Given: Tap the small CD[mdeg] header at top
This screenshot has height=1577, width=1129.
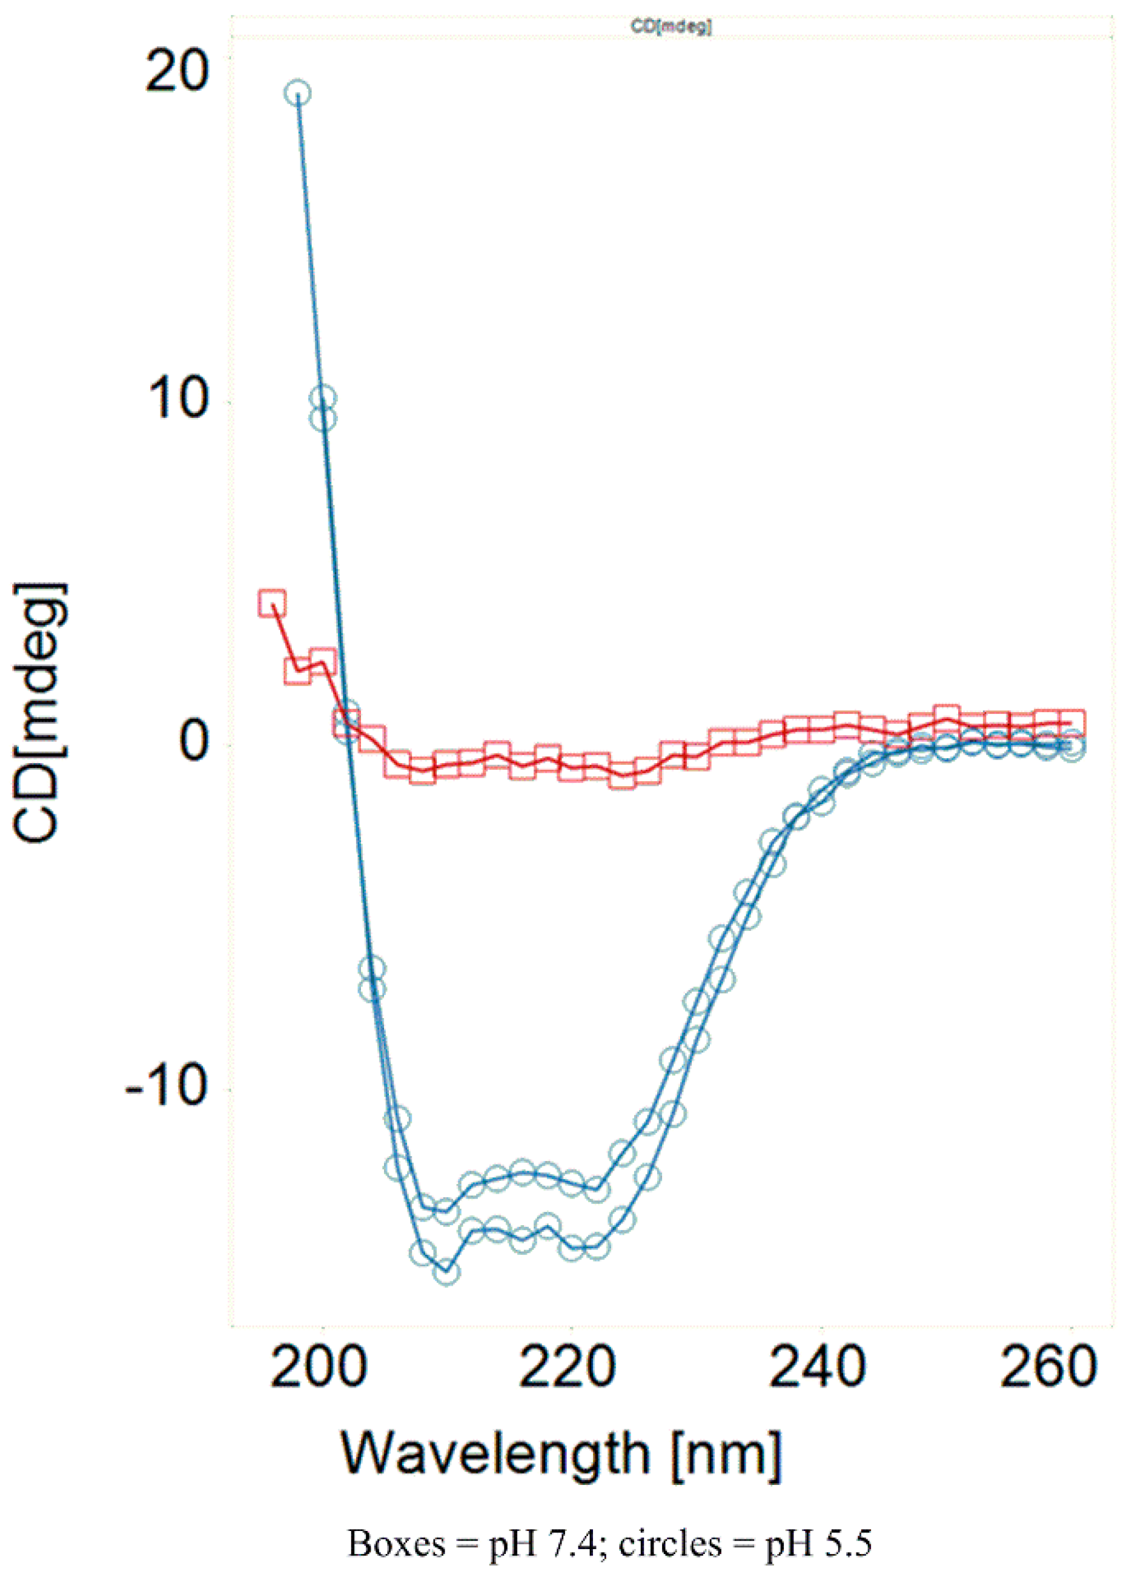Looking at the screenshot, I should point(671,27).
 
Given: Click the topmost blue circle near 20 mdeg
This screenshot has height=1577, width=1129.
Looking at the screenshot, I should point(298,93).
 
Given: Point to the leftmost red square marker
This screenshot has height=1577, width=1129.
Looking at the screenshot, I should point(273,603).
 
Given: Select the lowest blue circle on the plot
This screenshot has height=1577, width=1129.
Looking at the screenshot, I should point(446,1272).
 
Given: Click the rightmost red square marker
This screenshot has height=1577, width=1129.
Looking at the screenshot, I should point(1072,723).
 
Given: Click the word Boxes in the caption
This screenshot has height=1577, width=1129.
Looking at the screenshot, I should point(396,1544).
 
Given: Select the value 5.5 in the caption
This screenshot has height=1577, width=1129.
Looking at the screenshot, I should point(849,1544).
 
